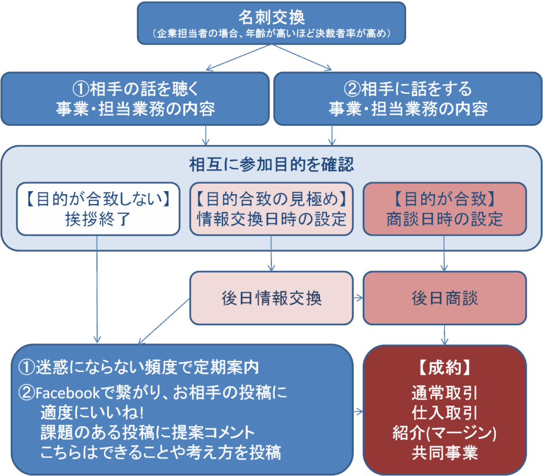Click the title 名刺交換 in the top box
[x=271, y=18]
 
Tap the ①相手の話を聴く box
[x=135, y=98]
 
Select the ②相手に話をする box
[x=408, y=98]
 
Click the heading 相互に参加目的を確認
[x=271, y=165]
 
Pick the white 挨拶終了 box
[x=97, y=209]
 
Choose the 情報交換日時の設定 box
[x=271, y=209]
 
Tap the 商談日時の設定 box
[x=444, y=209]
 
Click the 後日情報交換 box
[x=271, y=298]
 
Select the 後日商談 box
[x=444, y=298]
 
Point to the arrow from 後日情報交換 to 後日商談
[x=358, y=298]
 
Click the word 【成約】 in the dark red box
[x=444, y=367]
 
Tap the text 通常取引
[x=444, y=393]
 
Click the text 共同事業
[x=444, y=453]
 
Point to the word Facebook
[x=67, y=393]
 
